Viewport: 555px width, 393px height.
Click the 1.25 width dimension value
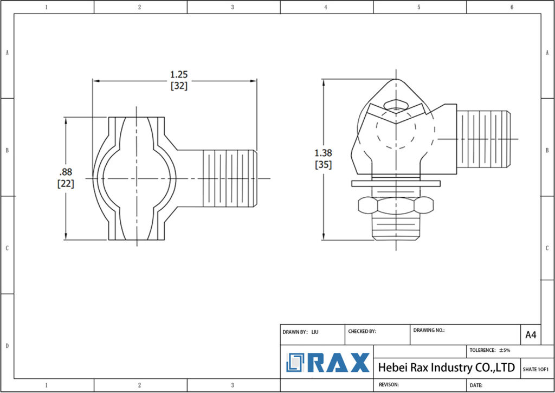pos(179,74)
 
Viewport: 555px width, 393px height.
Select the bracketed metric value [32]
pos(179,86)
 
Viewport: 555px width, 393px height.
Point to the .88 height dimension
pos(66,172)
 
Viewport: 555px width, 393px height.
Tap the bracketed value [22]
pos(66,184)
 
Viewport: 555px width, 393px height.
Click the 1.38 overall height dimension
pos(324,153)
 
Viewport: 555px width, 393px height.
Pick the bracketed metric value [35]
pos(324,165)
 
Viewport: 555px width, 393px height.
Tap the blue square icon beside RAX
pos(296,363)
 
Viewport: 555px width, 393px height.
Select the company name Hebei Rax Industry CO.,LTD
pos(446,368)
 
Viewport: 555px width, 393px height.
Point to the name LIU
pos(315,331)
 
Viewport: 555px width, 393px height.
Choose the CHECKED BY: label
pos(362,331)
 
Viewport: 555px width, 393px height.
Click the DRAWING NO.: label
pos(429,330)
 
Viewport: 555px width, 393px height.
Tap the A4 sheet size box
pos(531,335)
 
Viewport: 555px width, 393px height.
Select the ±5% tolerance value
pos(504,350)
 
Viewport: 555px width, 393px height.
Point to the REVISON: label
pos(389,384)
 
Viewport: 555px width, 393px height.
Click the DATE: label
pos(476,385)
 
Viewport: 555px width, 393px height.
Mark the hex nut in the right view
pos(396,204)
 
